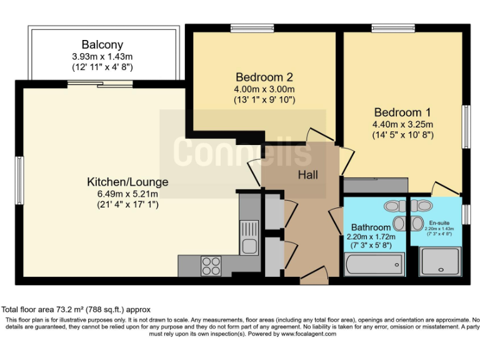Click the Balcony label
point(102,45)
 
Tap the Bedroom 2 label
point(264,77)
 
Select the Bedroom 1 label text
point(402,112)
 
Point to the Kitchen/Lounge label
point(127,182)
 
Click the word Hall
point(307,175)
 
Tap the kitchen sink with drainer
point(249,236)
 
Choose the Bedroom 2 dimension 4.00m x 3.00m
point(264,89)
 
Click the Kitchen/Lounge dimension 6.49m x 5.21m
point(127,194)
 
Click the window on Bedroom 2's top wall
point(248,27)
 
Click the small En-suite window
point(466,214)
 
